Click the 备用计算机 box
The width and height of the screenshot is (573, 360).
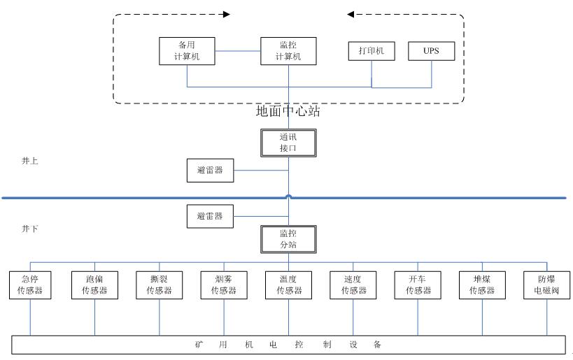(x=187, y=51)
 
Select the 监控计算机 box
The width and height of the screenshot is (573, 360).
(x=288, y=51)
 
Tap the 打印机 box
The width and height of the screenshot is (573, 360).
(x=372, y=51)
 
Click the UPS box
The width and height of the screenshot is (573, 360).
(x=432, y=51)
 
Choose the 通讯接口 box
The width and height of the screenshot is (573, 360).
(x=288, y=143)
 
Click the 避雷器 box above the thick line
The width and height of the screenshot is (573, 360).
(x=210, y=170)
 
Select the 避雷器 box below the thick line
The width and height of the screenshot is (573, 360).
(x=210, y=216)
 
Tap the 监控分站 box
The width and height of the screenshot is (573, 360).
(x=288, y=239)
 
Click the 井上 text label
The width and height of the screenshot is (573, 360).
(x=30, y=161)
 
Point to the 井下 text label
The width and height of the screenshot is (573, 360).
(x=30, y=229)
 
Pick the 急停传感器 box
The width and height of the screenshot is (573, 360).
(x=30, y=285)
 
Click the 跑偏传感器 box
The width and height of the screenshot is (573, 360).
(x=94, y=285)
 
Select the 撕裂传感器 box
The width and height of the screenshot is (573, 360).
(x=160, y=285)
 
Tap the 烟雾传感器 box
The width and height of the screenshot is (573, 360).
(x=224, y=285)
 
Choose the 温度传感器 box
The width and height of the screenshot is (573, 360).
(x=288, y=285)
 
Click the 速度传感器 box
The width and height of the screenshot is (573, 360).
(x=353, y=285)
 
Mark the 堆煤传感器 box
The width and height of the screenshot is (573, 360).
(x=483, y=285)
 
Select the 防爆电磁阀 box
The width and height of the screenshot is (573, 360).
(x=547, y=285)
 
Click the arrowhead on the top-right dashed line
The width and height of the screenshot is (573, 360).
(x=351, y=13)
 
